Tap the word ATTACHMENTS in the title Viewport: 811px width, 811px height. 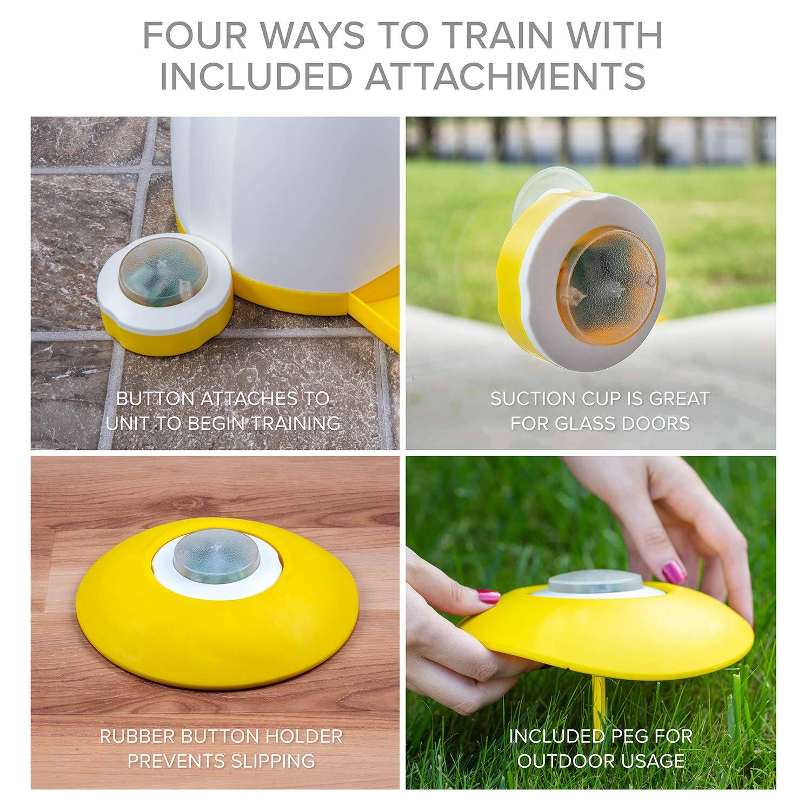(506, 76)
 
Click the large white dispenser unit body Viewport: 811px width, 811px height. (287, 205)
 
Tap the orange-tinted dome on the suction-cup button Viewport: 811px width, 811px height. (608, 287)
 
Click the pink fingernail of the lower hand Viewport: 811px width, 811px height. (488, 597)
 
